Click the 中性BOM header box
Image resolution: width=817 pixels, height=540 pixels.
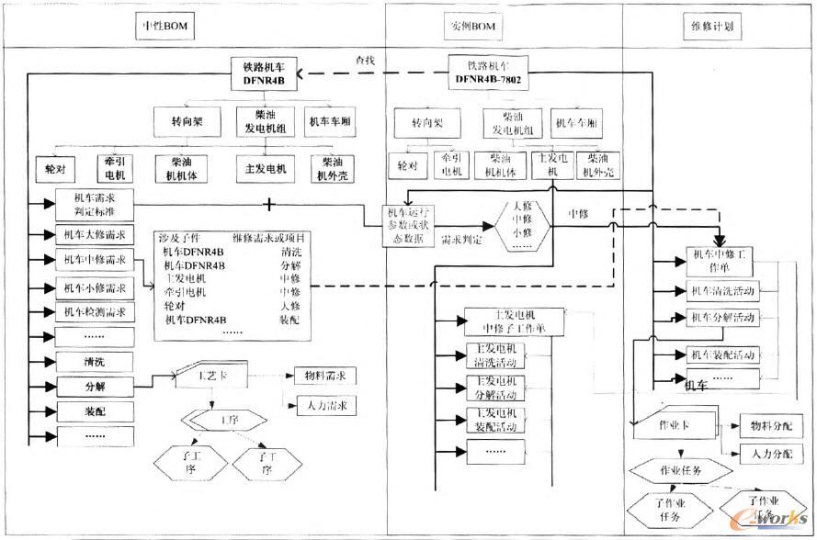pyautogui.click(x=164, y=26)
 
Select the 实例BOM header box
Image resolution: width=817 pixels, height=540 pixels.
pyautogui.click(x=474, y=26)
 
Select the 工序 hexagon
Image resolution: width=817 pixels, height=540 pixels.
pyautogui.click(x=217, y=420)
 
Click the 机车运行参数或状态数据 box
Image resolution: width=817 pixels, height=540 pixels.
pyautogui.click(x=411, y=223)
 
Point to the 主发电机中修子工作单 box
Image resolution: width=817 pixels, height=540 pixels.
pyautogui.click(x=508, y=321)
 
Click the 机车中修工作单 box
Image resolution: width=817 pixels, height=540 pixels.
pyautogui.click(x=720, y=260)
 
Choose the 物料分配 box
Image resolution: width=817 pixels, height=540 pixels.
pyautogui.click(x=771, y=426)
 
